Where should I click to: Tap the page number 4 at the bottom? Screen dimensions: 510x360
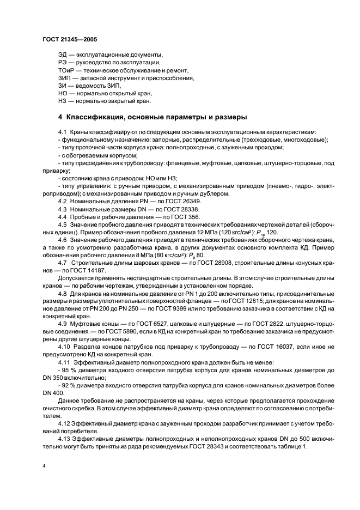(44, 466)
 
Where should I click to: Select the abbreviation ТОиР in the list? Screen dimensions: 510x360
(66, 71)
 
